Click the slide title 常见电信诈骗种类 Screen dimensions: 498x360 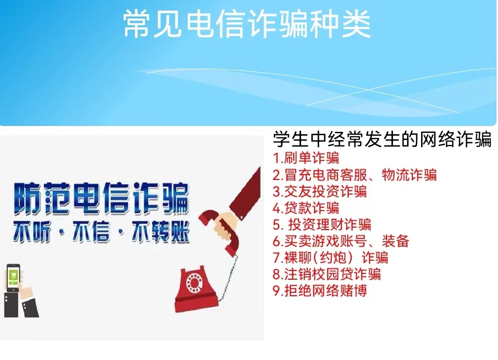[x=247, y=24]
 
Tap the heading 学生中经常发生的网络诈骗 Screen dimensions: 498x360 [x=382, y=139]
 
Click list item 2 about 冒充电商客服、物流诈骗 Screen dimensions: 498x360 [x=355, y=175]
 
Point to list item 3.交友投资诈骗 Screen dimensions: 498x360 [x=320, y=191]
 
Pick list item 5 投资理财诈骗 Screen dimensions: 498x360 [x=322, y=224]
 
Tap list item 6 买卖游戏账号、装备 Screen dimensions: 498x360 [x=341, y=241]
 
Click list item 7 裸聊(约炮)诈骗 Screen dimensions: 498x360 [x=331, y=257]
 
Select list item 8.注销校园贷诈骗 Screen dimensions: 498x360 [x=327, y=274]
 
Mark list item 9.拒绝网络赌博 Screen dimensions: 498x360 [x=320, y=290]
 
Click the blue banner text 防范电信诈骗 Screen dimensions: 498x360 [x=101, y=198]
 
